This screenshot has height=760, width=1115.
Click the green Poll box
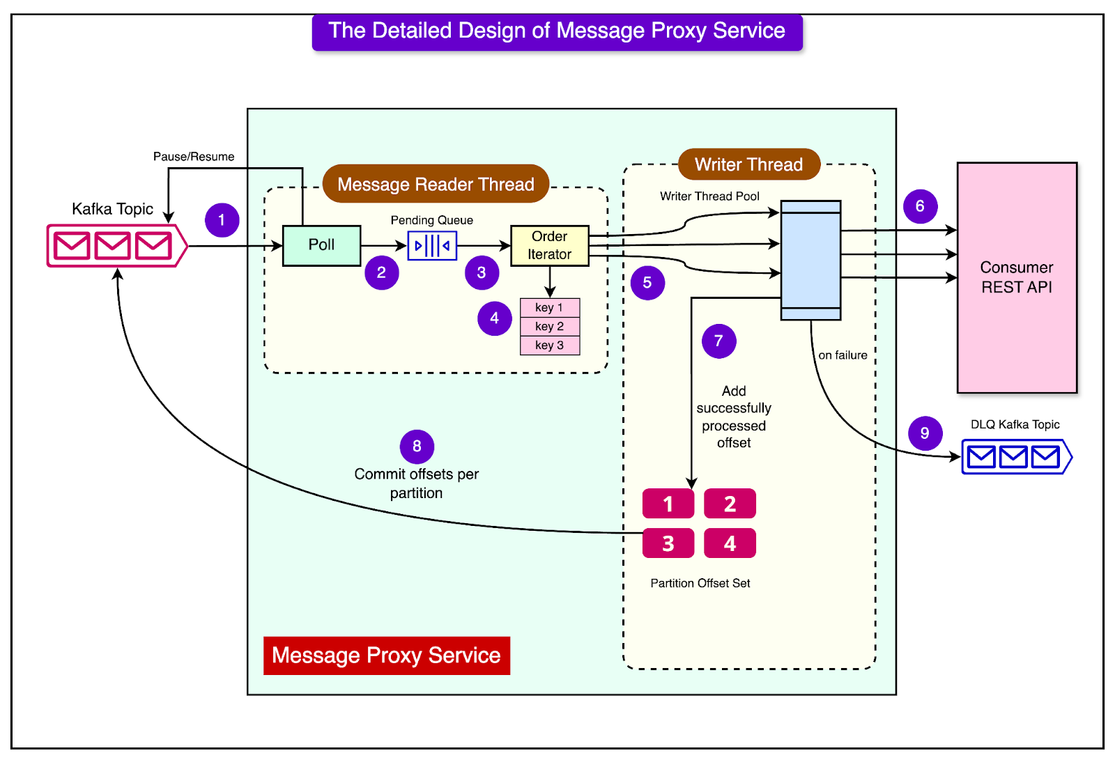321,245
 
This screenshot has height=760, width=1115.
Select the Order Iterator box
550,245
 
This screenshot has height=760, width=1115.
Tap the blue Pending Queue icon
432,245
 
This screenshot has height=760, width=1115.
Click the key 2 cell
550,326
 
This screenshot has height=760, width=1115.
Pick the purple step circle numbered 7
719,341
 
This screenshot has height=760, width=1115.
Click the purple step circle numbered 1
222,220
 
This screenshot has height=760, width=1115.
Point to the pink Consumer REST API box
1017,277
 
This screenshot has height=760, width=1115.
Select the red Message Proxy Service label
387,656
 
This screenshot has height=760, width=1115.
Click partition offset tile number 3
668,543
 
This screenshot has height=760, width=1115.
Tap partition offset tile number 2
730,504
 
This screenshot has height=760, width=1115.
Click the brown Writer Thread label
749,164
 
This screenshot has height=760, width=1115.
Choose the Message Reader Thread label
436,184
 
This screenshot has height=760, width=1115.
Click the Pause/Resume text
194,157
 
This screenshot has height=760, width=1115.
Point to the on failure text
843,355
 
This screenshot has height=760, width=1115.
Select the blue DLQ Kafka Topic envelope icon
1016,457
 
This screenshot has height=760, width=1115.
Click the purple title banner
557,31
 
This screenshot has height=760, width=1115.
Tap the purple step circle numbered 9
925,433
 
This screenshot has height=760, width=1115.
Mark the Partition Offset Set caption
700,583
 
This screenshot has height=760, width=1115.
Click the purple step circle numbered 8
417,447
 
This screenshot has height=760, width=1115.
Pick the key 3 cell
550,346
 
